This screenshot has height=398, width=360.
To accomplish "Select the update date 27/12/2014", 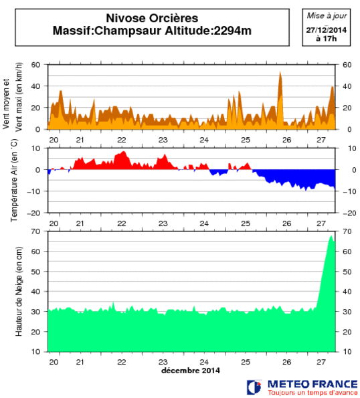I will click(325, 30).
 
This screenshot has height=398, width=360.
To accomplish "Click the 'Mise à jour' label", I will click(325, 15).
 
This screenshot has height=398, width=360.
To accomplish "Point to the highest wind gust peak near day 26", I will click(280, 72).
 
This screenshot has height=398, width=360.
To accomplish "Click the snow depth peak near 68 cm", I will click(331, 236).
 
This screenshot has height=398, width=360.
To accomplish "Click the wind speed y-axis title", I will click(14, 98).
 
